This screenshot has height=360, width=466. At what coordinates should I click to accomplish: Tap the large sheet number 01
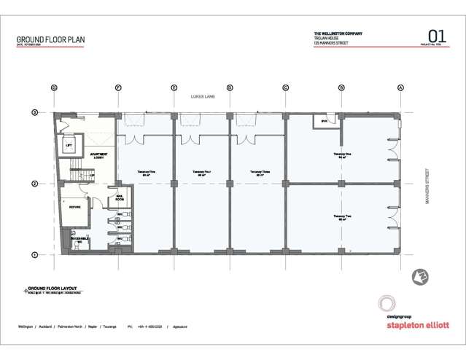click(x=437, y=36)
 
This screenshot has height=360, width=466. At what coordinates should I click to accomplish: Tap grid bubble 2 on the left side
click(x=34, y=184)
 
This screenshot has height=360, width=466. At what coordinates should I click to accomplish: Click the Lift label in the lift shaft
click(x=69, y=145)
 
